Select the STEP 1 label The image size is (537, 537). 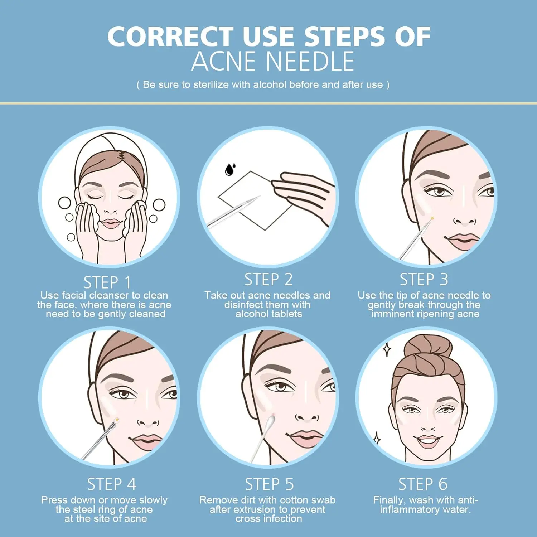(x=107, y=282)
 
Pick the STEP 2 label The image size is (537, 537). (x=268, y=280)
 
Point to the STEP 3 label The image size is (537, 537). (x=424, y=280)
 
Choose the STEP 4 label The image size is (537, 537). (x=112, y=484)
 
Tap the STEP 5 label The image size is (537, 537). (x=269, y=484)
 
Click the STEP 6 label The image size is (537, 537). (x=423, y=484)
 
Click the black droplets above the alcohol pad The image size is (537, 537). (x=230, y=169)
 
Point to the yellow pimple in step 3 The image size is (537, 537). (x=432, y=218)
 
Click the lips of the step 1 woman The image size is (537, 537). (x=111, y=224)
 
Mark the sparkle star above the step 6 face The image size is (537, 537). (x=387, y=349)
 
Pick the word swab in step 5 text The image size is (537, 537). (x=325, y=500)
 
